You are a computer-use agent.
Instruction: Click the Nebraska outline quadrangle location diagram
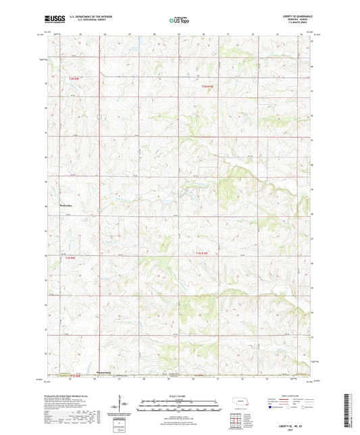coord(240,402)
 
